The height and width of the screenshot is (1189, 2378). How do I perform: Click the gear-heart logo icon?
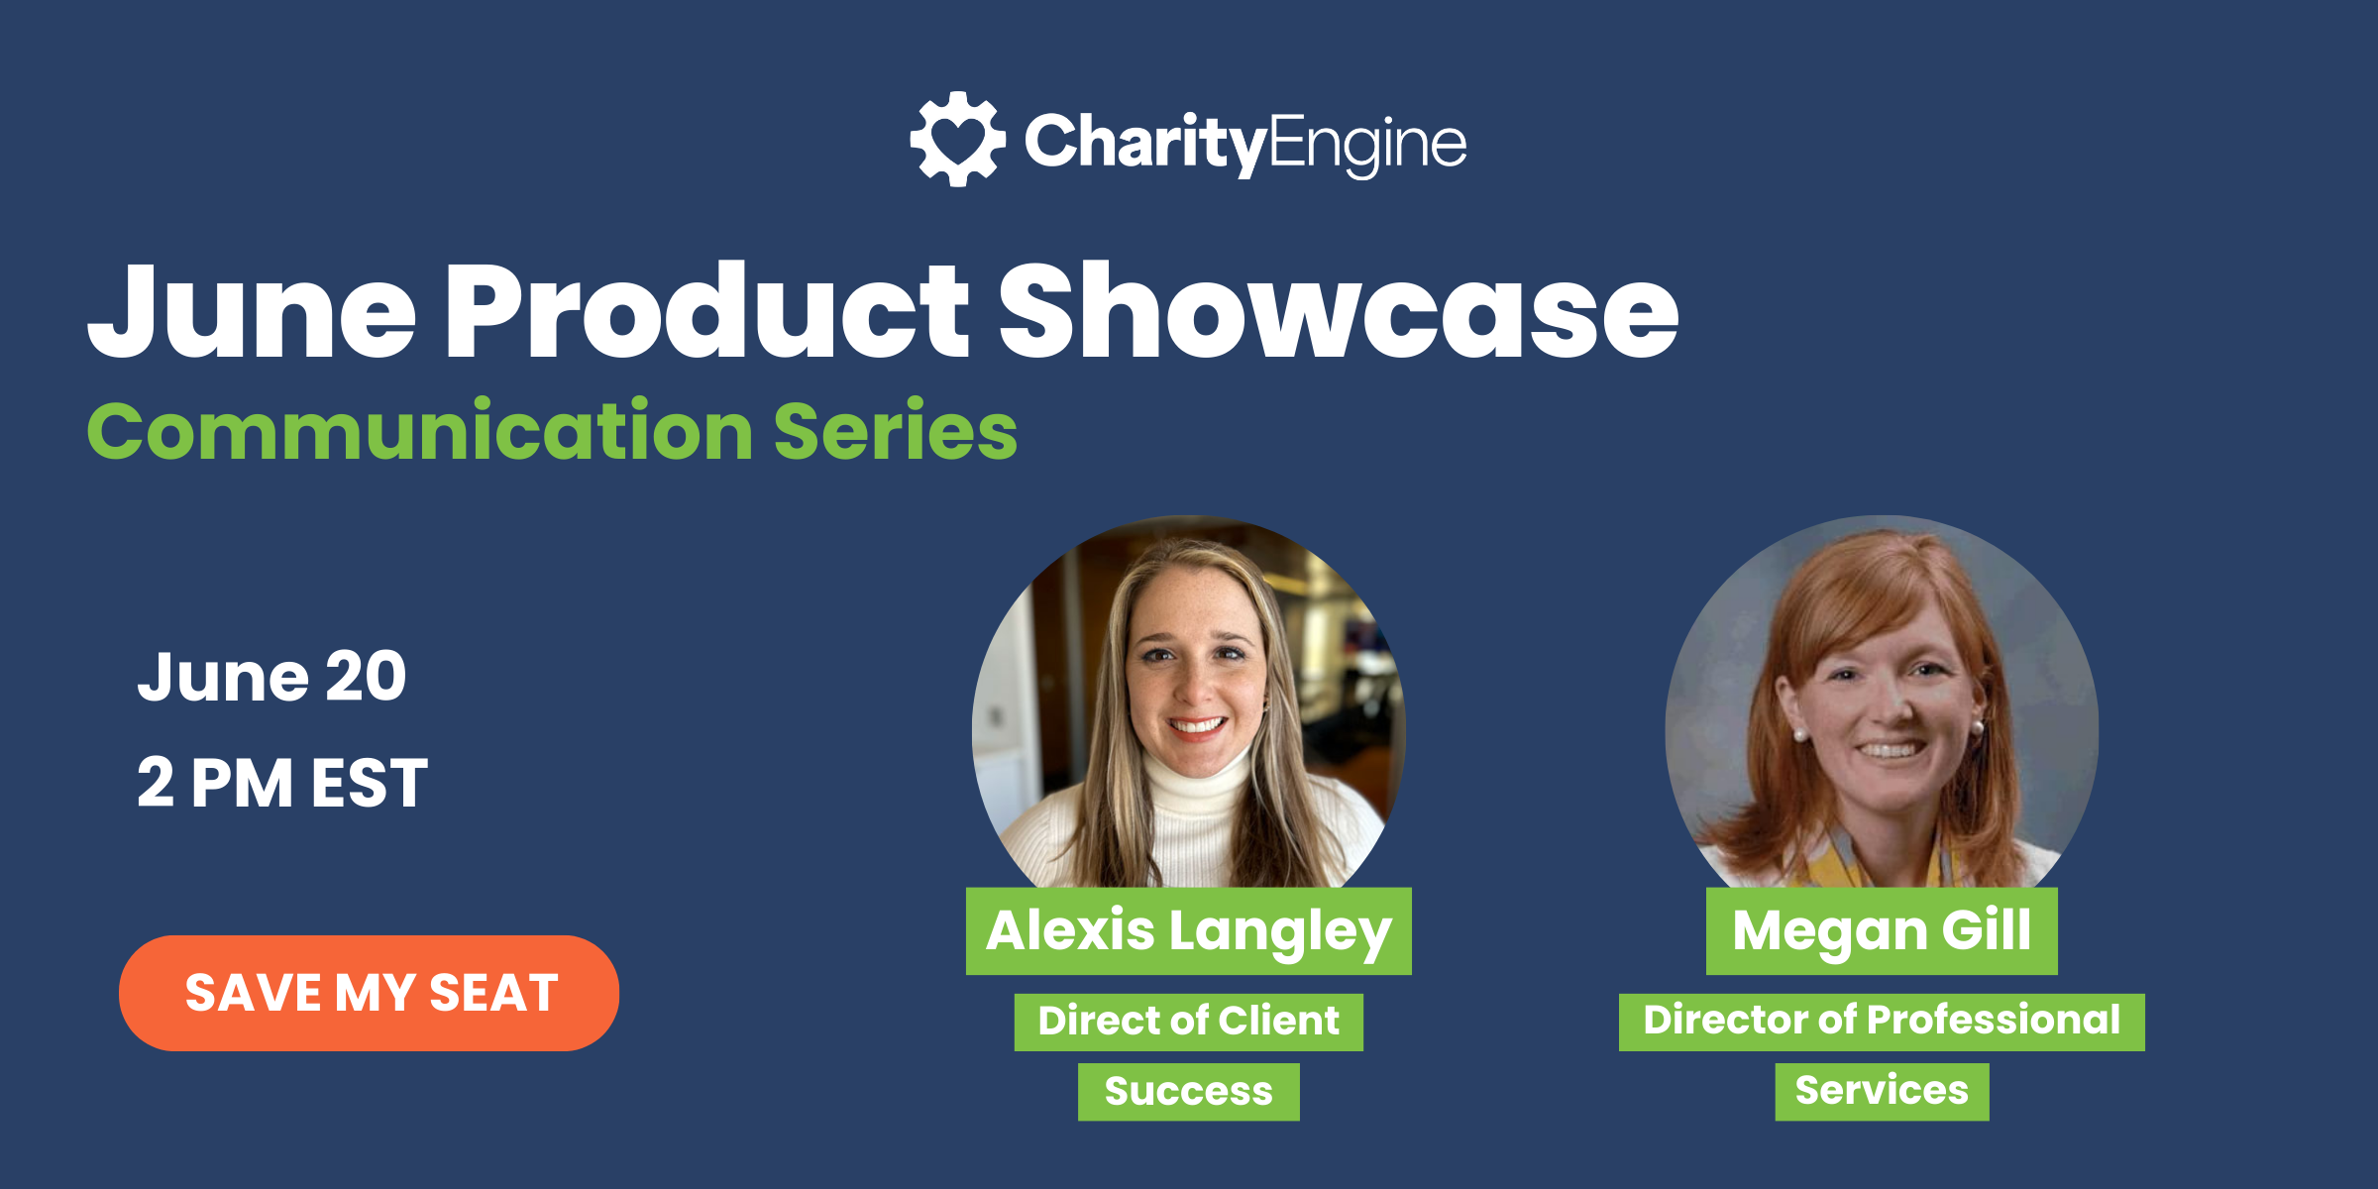(x=957, y=139)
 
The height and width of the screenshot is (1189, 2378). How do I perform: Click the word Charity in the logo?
(x=1145, y=143)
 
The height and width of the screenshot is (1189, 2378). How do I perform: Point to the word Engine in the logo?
(x=1367, y=145)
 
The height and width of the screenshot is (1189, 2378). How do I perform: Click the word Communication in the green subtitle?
(x=420, y=432)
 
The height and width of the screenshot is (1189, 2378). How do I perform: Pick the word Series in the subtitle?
(x=895, y=432)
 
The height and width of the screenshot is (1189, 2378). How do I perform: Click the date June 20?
(x=271, y=678)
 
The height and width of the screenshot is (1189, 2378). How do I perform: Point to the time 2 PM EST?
(x=282, y=783)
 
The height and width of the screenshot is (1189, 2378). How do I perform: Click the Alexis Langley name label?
(x=1188, y=930)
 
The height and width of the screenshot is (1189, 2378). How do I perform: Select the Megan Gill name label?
(x=1881, y=930)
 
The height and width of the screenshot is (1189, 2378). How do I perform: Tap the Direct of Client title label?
(x=1188, y=1022)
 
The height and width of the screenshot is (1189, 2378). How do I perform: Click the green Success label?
(x=1188, y=1092)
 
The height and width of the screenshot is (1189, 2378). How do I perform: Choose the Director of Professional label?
(x=1881, y=1022)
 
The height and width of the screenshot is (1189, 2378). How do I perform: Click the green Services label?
(x=1881, y=1092)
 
